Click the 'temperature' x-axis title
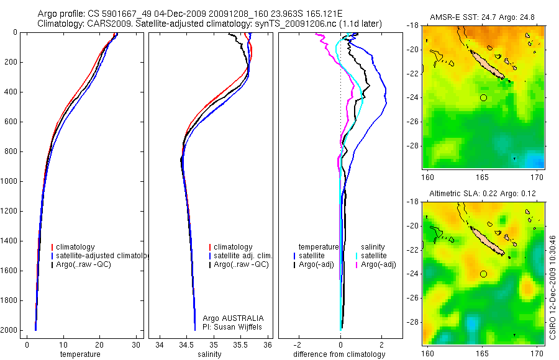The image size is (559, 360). click(x=80, y=354)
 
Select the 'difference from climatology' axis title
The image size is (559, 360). click(x=340, y=354)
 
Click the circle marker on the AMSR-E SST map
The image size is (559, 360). click(x=483, y=97)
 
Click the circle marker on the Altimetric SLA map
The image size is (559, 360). click(x=483, y=274)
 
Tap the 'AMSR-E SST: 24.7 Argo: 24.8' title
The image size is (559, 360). click(x=483, y=17)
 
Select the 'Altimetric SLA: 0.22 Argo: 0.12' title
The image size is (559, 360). click(x=483, y=194)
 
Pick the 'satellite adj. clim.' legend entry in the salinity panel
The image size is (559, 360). click(x=243, y=256)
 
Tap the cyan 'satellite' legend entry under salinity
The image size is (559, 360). click(x=374, y=256)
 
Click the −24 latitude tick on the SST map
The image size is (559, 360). click(x=416, y=97)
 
